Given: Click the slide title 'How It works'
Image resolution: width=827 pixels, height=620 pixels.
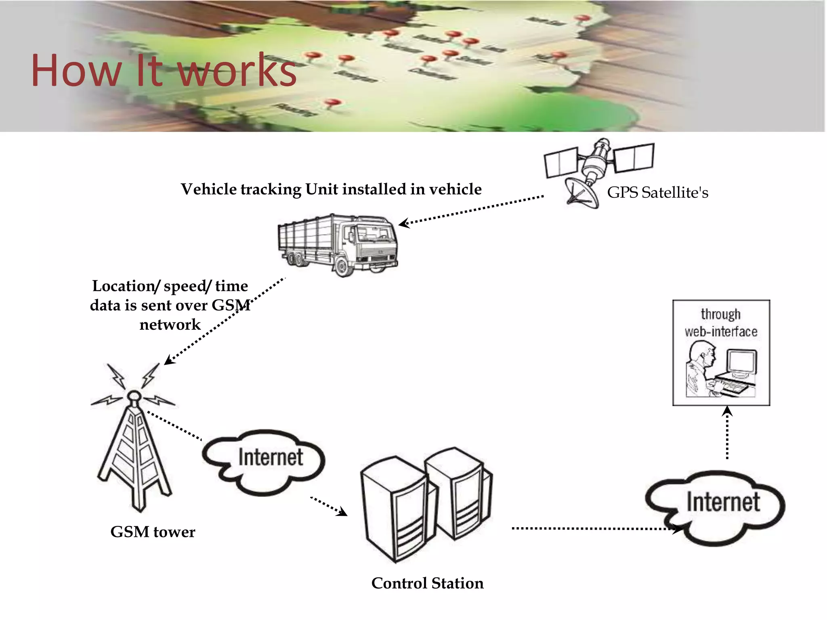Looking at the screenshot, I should [164, 70].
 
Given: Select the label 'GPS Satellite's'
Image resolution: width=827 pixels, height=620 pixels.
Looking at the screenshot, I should [657, 193].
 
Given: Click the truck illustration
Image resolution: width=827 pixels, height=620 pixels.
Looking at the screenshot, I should [338, 244].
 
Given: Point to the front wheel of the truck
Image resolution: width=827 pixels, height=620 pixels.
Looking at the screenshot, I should [342, 266].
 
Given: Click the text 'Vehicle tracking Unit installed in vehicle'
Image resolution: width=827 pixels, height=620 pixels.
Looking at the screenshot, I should [331, 189].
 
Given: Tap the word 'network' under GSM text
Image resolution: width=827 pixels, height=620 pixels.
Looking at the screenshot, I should [170, 325].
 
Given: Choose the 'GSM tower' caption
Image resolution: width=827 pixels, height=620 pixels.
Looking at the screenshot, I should [153, 532].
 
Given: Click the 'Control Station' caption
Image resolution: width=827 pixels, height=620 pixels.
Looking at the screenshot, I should [427, 583].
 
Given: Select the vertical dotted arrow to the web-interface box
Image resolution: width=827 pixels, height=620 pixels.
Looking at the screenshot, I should [727, 434].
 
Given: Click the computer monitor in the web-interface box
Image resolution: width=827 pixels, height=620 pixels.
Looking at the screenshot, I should [741, 363].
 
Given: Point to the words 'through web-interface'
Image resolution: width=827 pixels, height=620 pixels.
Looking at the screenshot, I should [721, 323].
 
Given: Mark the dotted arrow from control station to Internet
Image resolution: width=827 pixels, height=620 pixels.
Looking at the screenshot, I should [594, 528].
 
